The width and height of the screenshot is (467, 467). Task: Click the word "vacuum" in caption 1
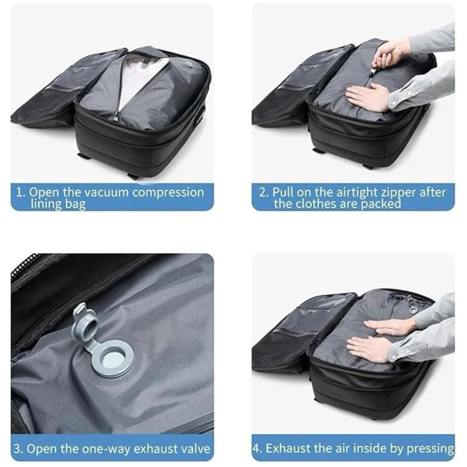(108, 192)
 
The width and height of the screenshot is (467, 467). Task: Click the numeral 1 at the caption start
(19, 192)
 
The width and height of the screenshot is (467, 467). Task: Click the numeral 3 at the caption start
(17, 448)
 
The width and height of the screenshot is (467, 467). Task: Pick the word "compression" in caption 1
(168, 193)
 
